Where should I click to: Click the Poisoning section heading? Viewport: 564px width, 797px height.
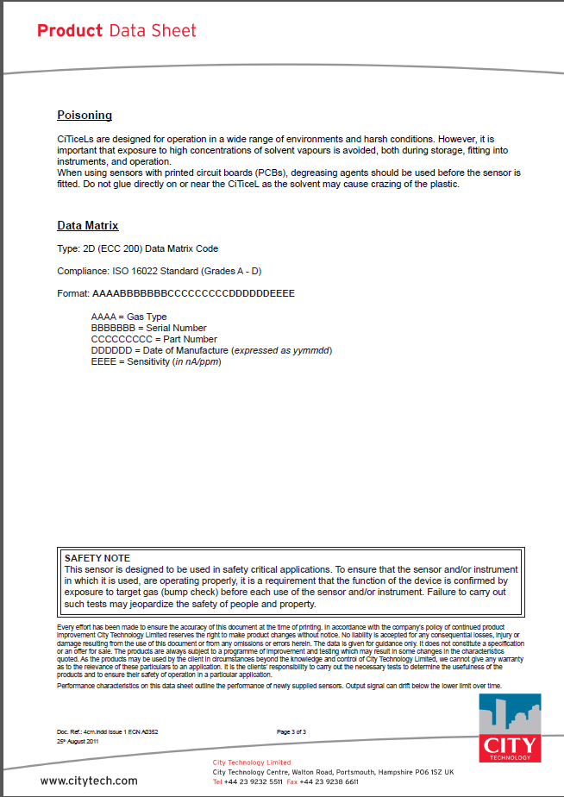[x=85, y=116]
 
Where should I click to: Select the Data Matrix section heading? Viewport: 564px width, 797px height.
[x=88, y=226]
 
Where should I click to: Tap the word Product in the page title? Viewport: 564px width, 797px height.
[x=70, y=31]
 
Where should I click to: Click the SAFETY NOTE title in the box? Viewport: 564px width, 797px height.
[x=97, y=559]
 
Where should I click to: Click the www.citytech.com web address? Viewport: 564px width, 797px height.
[x=89, y=781]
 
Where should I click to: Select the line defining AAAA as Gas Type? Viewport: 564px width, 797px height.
[x=128, y=317]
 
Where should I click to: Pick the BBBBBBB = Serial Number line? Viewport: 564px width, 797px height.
[x=148, y=328]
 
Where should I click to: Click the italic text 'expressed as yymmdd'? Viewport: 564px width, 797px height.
[x=281, y=350]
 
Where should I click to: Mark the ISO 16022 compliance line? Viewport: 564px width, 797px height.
[x=160, y=271]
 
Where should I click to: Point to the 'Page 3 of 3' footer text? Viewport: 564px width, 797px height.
[x=291, y=731]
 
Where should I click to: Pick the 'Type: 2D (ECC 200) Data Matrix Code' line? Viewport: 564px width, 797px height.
[x=137, y=248]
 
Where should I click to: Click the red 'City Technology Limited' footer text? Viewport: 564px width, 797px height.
[x=252, y=762]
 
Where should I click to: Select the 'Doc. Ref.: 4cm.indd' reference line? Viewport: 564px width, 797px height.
[x=107, y=731]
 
